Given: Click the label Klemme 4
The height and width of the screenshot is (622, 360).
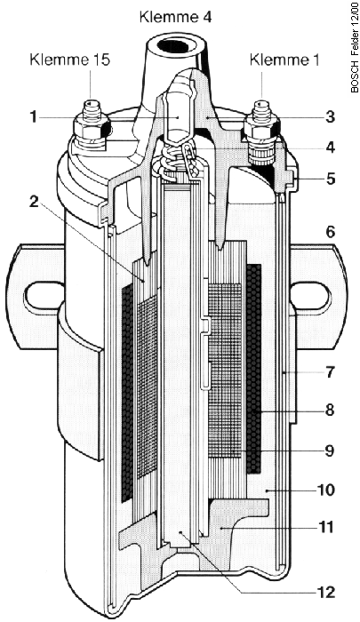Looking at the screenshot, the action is point(176,18).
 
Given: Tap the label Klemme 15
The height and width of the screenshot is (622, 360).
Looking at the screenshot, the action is point(70,60).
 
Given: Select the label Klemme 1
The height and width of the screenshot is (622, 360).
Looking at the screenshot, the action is point(284,60).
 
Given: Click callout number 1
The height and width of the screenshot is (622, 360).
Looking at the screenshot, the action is point(34,117).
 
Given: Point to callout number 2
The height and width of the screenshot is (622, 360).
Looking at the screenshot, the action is point(34,201).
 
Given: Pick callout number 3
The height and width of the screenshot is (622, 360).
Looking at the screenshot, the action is point(331,117).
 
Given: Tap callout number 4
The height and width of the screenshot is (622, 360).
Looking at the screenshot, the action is point(331,148).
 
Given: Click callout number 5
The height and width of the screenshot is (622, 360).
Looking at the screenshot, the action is point(331,179).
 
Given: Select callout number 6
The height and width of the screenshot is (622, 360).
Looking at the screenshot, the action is point(331,232).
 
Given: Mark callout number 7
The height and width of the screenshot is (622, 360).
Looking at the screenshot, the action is point(331,372).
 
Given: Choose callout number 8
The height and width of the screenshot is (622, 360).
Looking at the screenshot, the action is point(331,410).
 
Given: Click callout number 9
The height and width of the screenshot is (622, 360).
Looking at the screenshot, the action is point(331,451).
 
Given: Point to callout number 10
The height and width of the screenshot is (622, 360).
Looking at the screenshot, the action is point(327,490).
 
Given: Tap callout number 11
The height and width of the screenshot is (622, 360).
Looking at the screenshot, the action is point(327,528).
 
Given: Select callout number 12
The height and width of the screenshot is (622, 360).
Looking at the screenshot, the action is point(327,592).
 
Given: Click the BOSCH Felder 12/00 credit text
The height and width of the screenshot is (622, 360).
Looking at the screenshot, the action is point(354,48).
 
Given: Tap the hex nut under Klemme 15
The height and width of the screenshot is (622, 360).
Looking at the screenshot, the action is point(91,127).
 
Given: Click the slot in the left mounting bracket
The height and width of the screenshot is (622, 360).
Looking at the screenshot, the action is point(41,294).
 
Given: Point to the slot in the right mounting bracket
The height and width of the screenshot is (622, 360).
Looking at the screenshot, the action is point(311,294).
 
